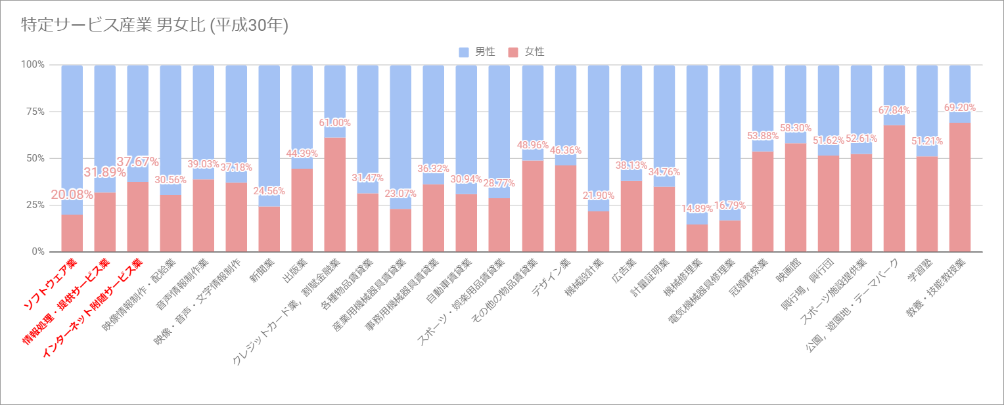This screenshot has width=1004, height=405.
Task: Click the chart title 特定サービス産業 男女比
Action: (155, 26)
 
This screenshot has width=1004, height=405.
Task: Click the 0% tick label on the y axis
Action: (37, 251)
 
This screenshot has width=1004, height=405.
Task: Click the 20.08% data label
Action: (72, 196)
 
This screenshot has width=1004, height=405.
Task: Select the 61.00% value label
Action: (335, 123)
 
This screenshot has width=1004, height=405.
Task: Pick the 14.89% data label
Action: (696, 209)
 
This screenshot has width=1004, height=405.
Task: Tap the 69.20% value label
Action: (959, 108)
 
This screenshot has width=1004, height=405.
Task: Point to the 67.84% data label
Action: (894, 110)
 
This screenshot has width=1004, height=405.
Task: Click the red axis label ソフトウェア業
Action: (51, 285)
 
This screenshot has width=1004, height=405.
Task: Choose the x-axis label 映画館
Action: (788, 275)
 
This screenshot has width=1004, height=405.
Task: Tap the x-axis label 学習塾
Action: (919, 275)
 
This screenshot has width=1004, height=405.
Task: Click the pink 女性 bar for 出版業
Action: (302, 210)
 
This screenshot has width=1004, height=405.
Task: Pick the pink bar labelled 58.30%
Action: (795, 197)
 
